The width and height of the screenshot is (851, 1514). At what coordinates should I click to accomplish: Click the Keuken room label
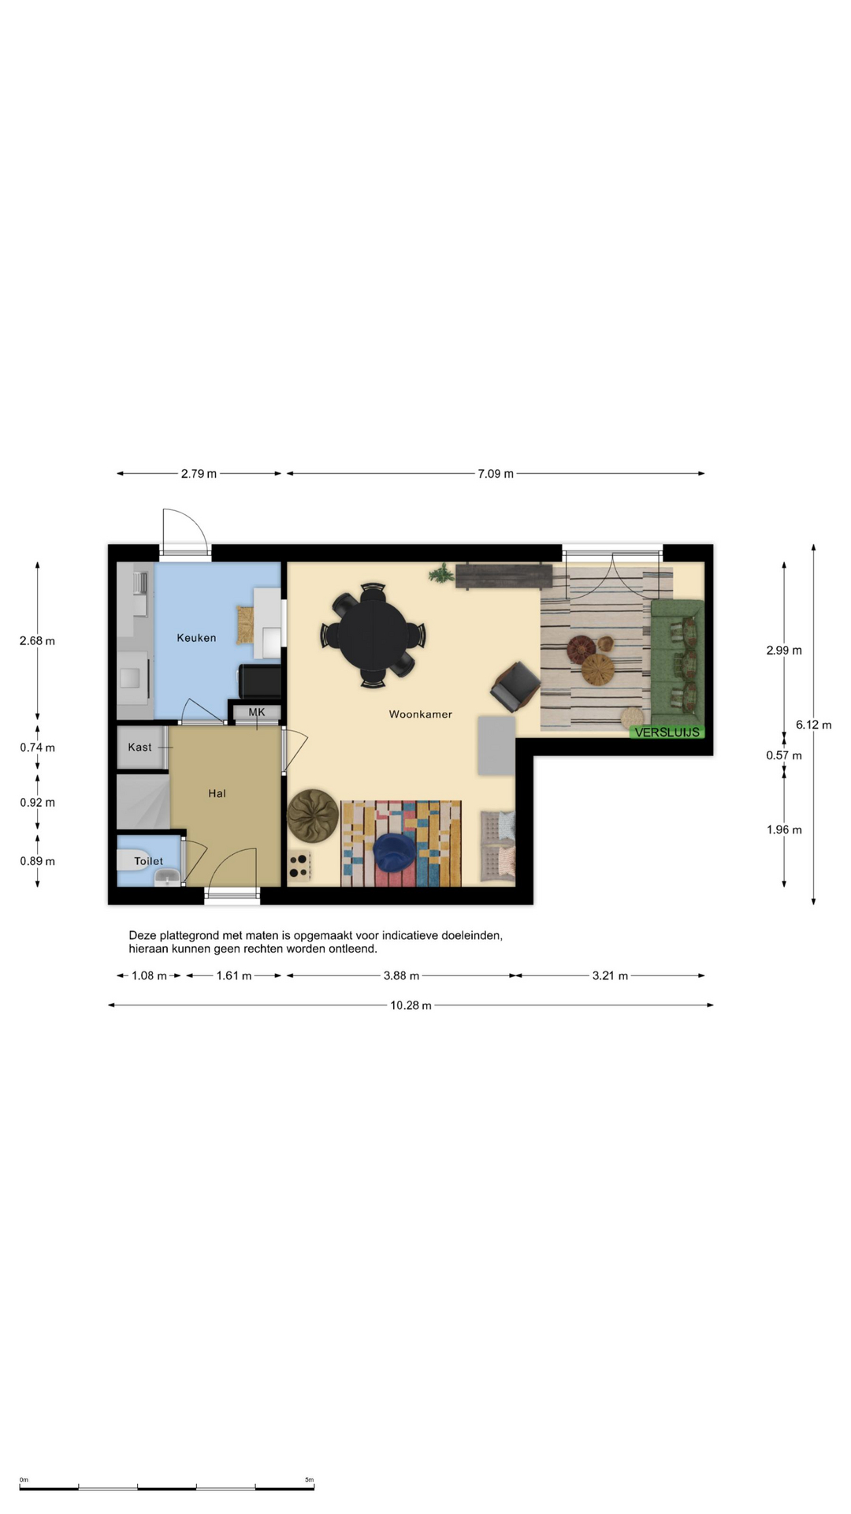pyautogui.click(x=196, y=638)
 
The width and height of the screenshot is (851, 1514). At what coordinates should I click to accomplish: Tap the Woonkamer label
pyautogui.click(x=421, y=714)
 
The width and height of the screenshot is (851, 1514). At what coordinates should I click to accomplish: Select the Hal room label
pyautogui.click(x=217, y=793)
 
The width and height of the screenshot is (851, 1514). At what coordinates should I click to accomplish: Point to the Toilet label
pyautogui.click(x=148, y=861)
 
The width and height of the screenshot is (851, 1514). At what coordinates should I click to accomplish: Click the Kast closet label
pyautogui.click(x=139, y=747)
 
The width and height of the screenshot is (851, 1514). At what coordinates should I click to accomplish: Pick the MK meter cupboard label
pyautogui.click(x=257, y=712)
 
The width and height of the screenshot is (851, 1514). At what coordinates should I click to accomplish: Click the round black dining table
pyautogui.click(x=373, y=636)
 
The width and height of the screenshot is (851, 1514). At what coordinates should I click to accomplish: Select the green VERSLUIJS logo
pyautogui.click(x=667, y=733)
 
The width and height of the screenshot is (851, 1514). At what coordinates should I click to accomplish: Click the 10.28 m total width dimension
pyautogui.click(x=411, y=1005)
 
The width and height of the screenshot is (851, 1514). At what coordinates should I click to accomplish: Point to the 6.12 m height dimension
pyautogui.click(x=813, y=725)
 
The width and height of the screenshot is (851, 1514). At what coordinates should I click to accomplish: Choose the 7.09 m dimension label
pyautogui.click(x=496, y=474)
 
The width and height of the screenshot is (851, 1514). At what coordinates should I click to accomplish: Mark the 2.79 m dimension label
pyautogui.click(x=199, y=474)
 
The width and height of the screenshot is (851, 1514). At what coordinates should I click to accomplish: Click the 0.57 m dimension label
pyautogui.click(x=784, y=755)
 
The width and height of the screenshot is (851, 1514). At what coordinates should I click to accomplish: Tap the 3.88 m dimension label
pyautogui.click(x=401, y=975)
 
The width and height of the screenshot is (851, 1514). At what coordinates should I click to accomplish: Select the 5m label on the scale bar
pyautogui.click(x=309, y=1480)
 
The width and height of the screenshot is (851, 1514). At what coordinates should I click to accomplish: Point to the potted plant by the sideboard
pyautogui.click(x=441, y=573)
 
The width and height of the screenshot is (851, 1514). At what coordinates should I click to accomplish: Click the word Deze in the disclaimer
pyautogui.click(x=143, y=935)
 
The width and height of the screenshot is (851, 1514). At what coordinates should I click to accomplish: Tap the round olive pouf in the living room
pyautogui.click(x=313, y=815)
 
